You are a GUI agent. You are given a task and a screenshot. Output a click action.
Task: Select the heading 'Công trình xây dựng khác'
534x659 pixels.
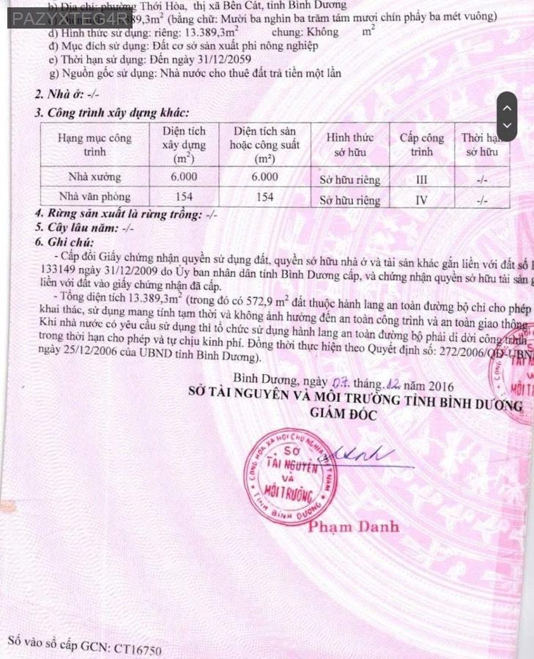click(118, 113)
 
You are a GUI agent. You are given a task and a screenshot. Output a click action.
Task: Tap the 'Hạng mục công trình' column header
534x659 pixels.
click(94, 145)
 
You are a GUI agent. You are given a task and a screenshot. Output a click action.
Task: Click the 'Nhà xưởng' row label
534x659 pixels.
click(94, 177)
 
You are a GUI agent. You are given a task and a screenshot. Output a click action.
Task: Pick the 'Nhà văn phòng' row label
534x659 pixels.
click(94, 197)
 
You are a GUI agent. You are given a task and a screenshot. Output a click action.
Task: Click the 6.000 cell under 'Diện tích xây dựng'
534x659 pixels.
click(184, 177)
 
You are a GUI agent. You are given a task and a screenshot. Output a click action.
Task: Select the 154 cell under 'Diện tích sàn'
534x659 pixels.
click(264, 197)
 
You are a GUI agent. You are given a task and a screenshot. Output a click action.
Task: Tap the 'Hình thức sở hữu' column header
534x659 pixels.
click(349, 145)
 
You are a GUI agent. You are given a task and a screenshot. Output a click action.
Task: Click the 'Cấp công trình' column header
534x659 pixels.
click(421, 145)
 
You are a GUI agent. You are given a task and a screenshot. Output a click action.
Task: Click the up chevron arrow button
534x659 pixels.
click(508, 107)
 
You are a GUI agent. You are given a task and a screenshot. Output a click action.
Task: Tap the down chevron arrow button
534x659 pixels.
click(508, 126)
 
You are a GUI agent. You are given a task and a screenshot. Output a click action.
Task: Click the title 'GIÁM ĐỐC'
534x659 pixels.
click(342, 415)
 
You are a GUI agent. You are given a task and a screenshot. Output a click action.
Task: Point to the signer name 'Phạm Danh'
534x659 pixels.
click(354, 526)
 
